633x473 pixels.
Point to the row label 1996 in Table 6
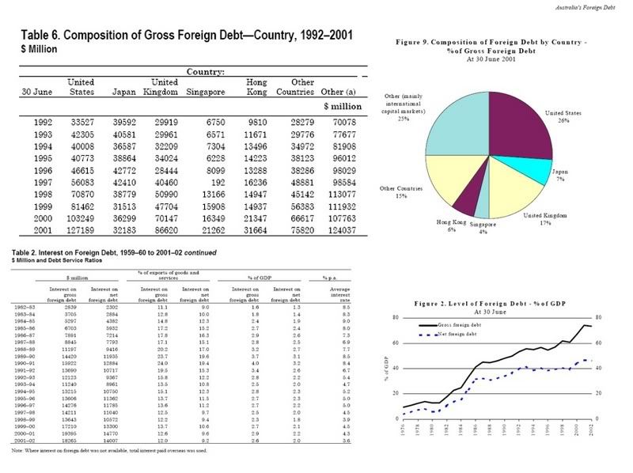pyautogui.click(x=44, y=168)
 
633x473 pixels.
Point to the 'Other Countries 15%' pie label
pyautogui.click(x=398, y=192)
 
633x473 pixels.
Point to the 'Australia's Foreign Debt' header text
pyautogui.click(x=593, y=7)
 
